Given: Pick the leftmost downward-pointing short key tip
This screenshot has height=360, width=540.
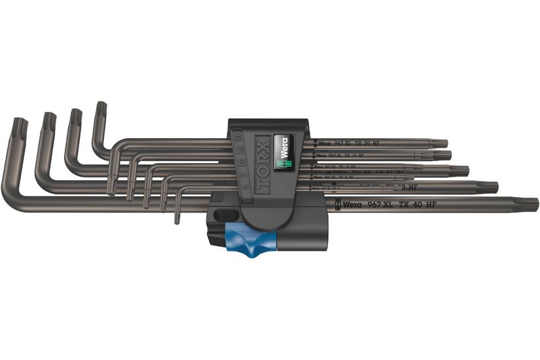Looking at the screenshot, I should pos(111,190).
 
